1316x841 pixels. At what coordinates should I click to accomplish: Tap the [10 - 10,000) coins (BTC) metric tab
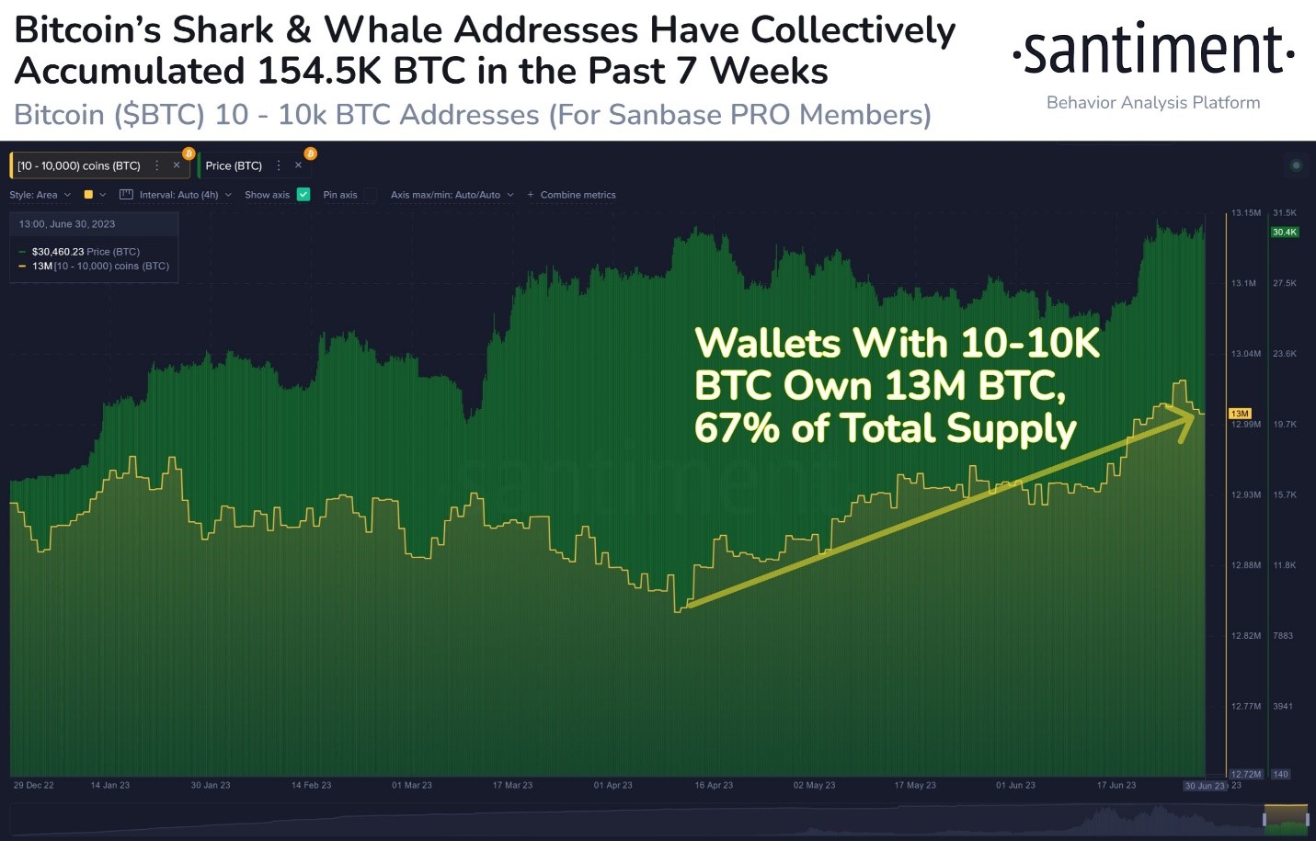[x=79, y=166]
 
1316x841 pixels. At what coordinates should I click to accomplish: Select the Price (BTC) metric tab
[x=234, y=166]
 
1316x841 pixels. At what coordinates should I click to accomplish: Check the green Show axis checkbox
[x=303, y=195]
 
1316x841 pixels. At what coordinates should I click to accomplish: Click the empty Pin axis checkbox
[x=371, y=195]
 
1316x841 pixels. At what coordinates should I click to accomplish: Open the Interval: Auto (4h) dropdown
[x=178, y=195]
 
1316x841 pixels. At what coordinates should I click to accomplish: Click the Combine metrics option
[x=578, y=195]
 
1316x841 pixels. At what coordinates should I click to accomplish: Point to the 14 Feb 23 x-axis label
[x=311, y=786]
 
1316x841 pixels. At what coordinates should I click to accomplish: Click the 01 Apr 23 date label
[x=612, y=786]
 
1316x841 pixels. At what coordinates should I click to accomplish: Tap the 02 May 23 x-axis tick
[x=814, y=786]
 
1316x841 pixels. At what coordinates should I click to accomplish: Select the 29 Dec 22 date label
[x=34, y=786]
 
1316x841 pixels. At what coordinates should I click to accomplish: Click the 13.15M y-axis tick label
[x=1246, y=213]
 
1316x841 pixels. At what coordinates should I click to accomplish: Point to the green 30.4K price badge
[x=1285, y=233]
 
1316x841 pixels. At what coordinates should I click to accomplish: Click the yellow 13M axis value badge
[x=1240, y=414]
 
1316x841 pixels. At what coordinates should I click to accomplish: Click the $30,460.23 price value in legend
[x=58, y=252]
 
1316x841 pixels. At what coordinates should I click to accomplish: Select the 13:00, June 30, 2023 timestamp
[x=67, y=224]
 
